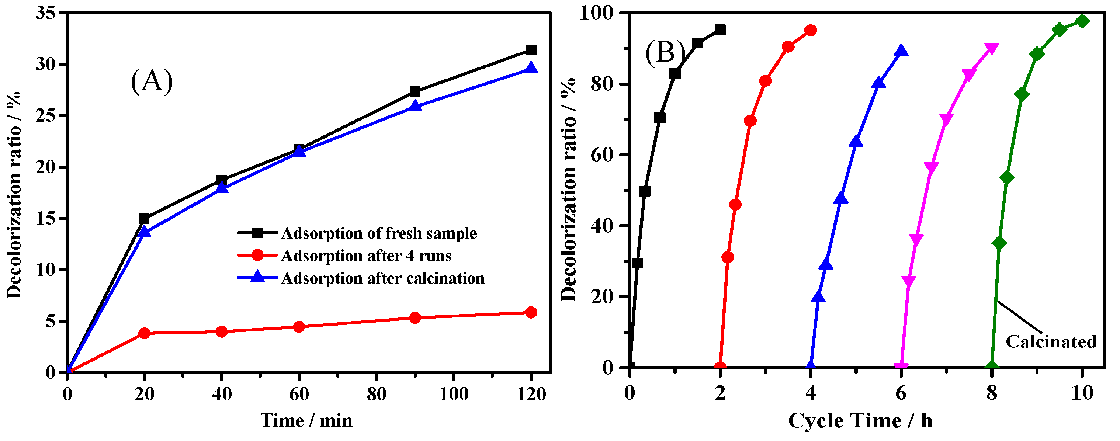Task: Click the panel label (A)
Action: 152,81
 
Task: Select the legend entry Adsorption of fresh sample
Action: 379,233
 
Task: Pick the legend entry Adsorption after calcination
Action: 382,278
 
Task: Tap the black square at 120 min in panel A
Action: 531,50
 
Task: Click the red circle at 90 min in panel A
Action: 415,318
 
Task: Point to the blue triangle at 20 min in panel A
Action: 144,232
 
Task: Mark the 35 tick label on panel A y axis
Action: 46,13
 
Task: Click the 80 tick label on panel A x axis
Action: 376,394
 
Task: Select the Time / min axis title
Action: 306,421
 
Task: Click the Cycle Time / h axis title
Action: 860,421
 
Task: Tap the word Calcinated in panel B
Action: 1051,342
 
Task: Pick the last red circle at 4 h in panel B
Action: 811,30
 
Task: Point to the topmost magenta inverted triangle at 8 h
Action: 992,48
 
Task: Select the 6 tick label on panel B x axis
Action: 901,393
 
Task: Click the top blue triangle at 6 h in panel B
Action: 901,51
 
